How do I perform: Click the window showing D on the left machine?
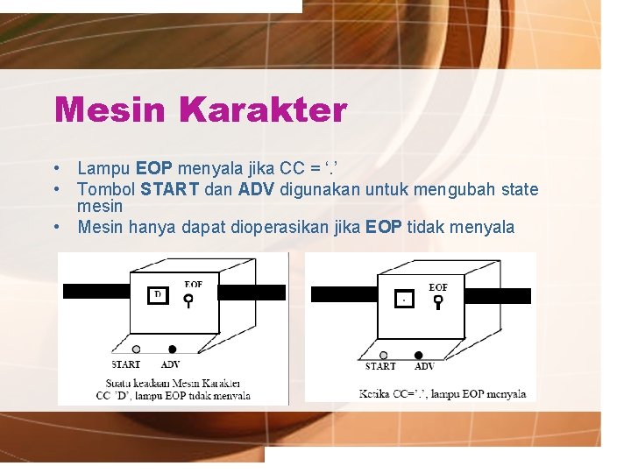point(159,296)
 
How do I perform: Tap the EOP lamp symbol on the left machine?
point(188,300)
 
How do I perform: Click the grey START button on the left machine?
point(137,349)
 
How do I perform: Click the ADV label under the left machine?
point(171,364)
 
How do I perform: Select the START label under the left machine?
point(126,364)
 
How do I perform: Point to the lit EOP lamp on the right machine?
point(438,302)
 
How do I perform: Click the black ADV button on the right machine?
point(418,355)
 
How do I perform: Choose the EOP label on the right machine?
point(438,286)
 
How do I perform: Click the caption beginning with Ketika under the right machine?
point(443,394)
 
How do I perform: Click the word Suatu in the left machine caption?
point(119,383)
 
